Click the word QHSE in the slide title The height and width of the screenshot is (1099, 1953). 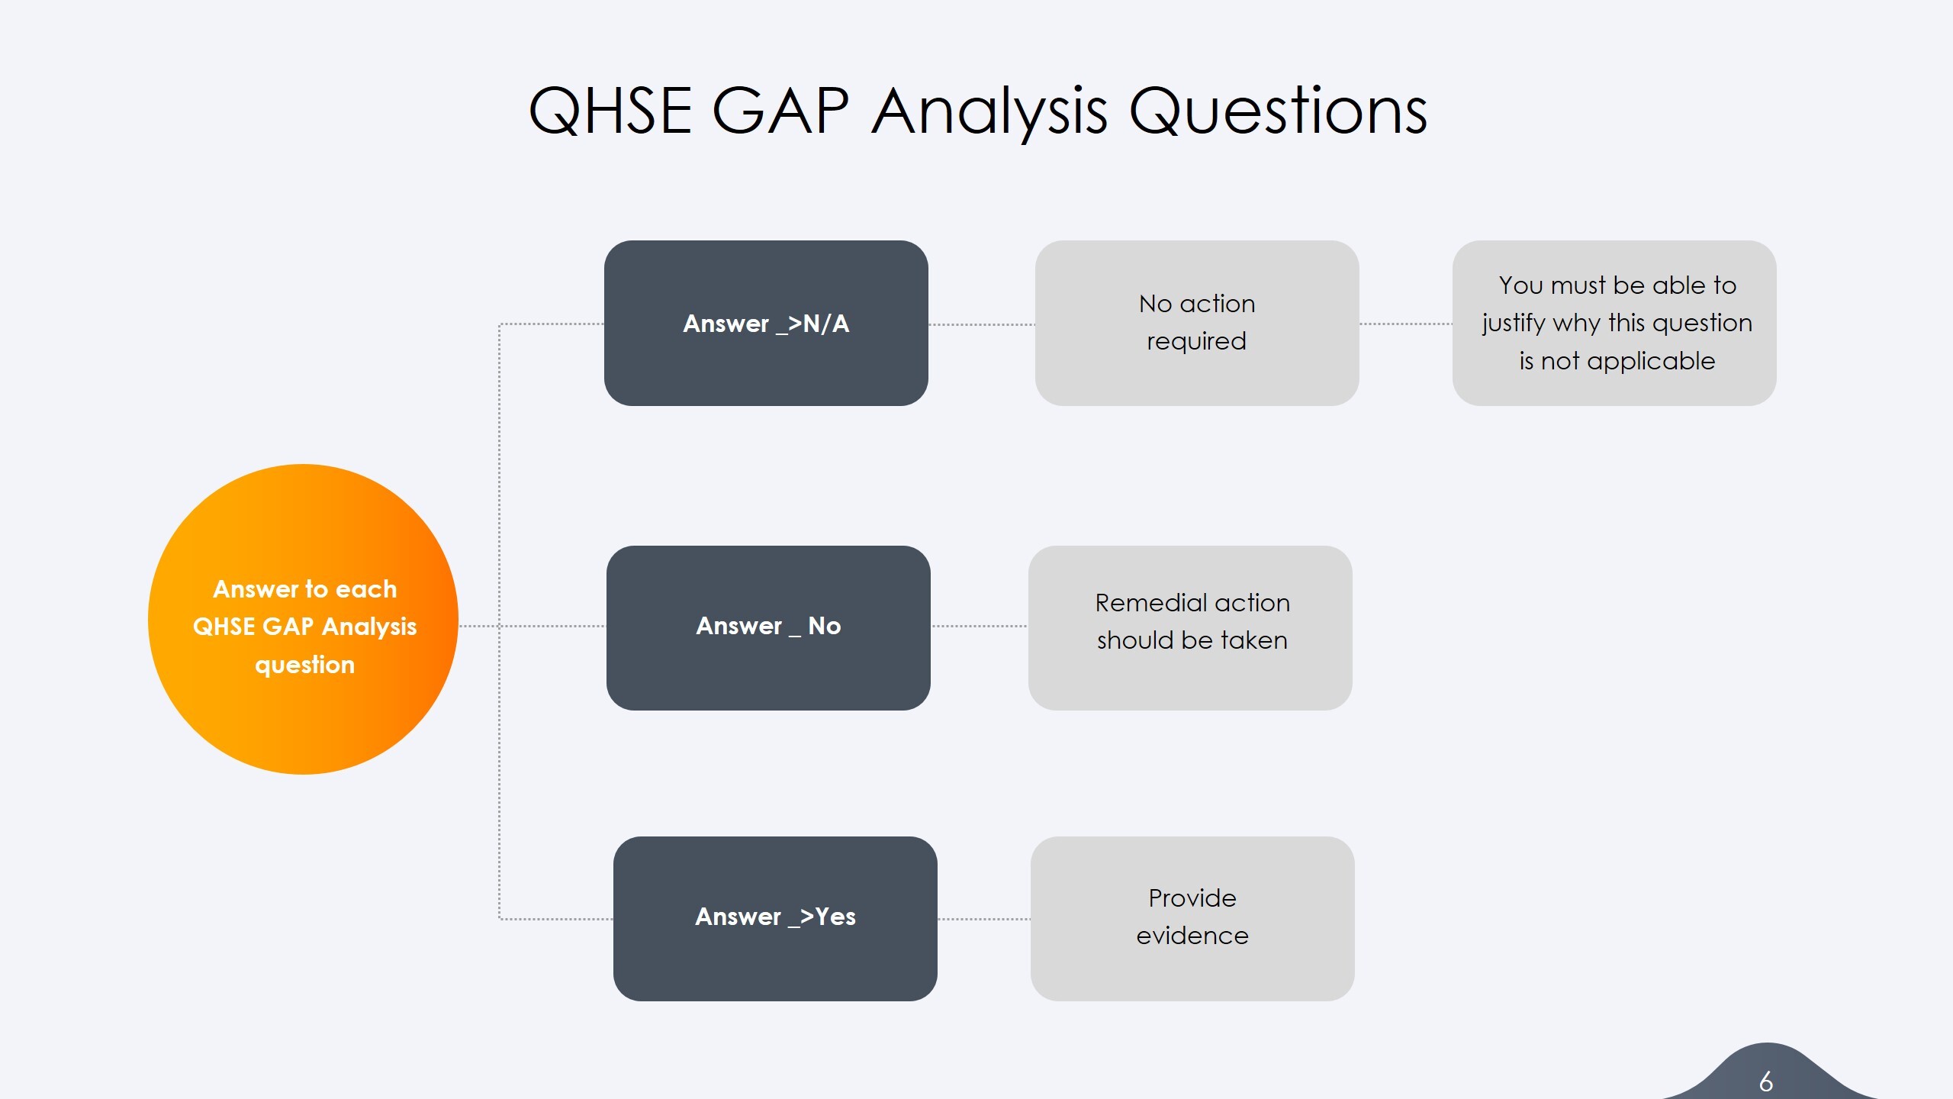(x=610, y=111)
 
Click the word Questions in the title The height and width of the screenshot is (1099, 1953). (x=1278, y=111)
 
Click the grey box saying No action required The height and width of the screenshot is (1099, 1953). (x=1196, y=323)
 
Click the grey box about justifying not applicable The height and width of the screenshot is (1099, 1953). (x=1614, y=323)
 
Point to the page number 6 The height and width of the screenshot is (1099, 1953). (x=1765, y=1081)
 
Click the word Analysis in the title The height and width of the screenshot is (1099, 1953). (x=989, y=111)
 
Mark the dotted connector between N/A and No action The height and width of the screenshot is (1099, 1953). (x=981, y=324)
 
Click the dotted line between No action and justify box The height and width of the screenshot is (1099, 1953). (x=1405, y=324)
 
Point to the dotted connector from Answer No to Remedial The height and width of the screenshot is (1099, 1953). (x=979, y=626)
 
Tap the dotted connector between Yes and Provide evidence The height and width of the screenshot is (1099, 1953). (x=983, y=919)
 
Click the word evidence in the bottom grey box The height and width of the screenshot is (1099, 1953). (x=1192, y=936)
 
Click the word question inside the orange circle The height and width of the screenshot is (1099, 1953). (x=304, y=665)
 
